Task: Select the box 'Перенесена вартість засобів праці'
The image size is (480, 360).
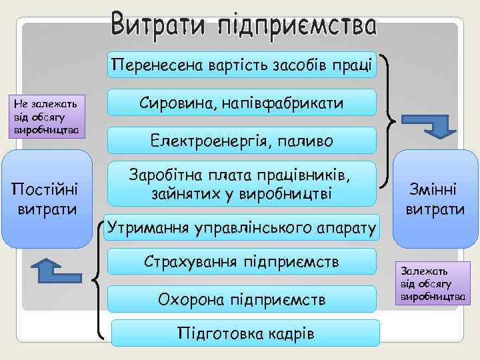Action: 241,65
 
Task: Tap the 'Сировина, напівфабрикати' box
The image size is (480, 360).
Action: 241,103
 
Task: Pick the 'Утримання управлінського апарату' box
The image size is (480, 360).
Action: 241,227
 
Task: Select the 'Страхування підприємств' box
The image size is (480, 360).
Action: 241,262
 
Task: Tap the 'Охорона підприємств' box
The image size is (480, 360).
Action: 241,299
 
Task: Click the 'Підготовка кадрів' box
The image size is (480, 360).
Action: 245,333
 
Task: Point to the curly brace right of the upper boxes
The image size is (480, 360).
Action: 389,120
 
